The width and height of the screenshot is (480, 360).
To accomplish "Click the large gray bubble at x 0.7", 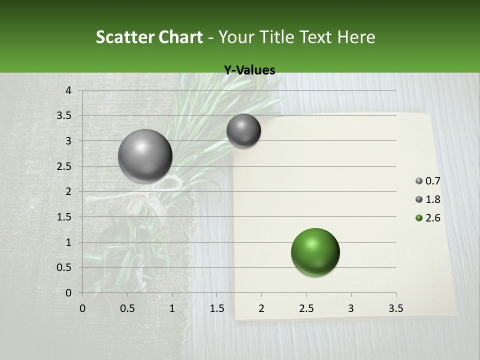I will tap(145, 156).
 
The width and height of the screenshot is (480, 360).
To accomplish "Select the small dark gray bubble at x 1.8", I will tap(243, 131).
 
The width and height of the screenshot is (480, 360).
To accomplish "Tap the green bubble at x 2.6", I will tap(315, 252).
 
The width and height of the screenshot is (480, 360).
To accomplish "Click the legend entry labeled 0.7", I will tap(428, 181).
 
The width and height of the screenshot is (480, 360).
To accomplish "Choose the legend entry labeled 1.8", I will tap(428, 199).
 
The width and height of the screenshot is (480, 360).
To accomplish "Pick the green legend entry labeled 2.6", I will tap(428, 218).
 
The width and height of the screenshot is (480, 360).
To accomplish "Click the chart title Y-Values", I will tap(249, 70).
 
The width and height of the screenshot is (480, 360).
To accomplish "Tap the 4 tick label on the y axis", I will tap(69, 90).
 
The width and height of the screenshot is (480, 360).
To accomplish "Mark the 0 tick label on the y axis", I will tap(69, 292).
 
